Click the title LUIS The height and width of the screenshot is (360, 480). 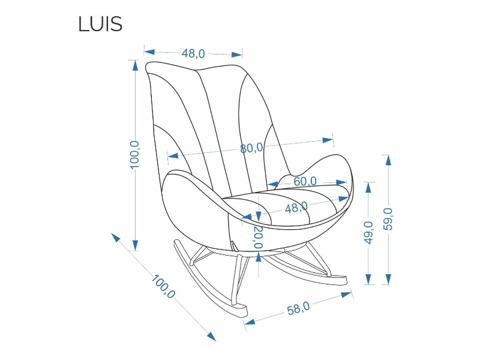click(x=100, y=24)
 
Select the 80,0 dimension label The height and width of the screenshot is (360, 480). click(x=251, y=148)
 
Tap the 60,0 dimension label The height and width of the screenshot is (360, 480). click(x=305, y=181)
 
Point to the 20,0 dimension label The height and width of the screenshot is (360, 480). click(x=258, y=237)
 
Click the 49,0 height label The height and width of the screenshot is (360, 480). click(x=368, y=232)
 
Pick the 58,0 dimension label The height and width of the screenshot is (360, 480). click(x=298, y=309)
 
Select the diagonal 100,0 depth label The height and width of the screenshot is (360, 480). click(x=163, y=287)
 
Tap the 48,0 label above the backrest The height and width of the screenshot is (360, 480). click(x=193, y=53)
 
